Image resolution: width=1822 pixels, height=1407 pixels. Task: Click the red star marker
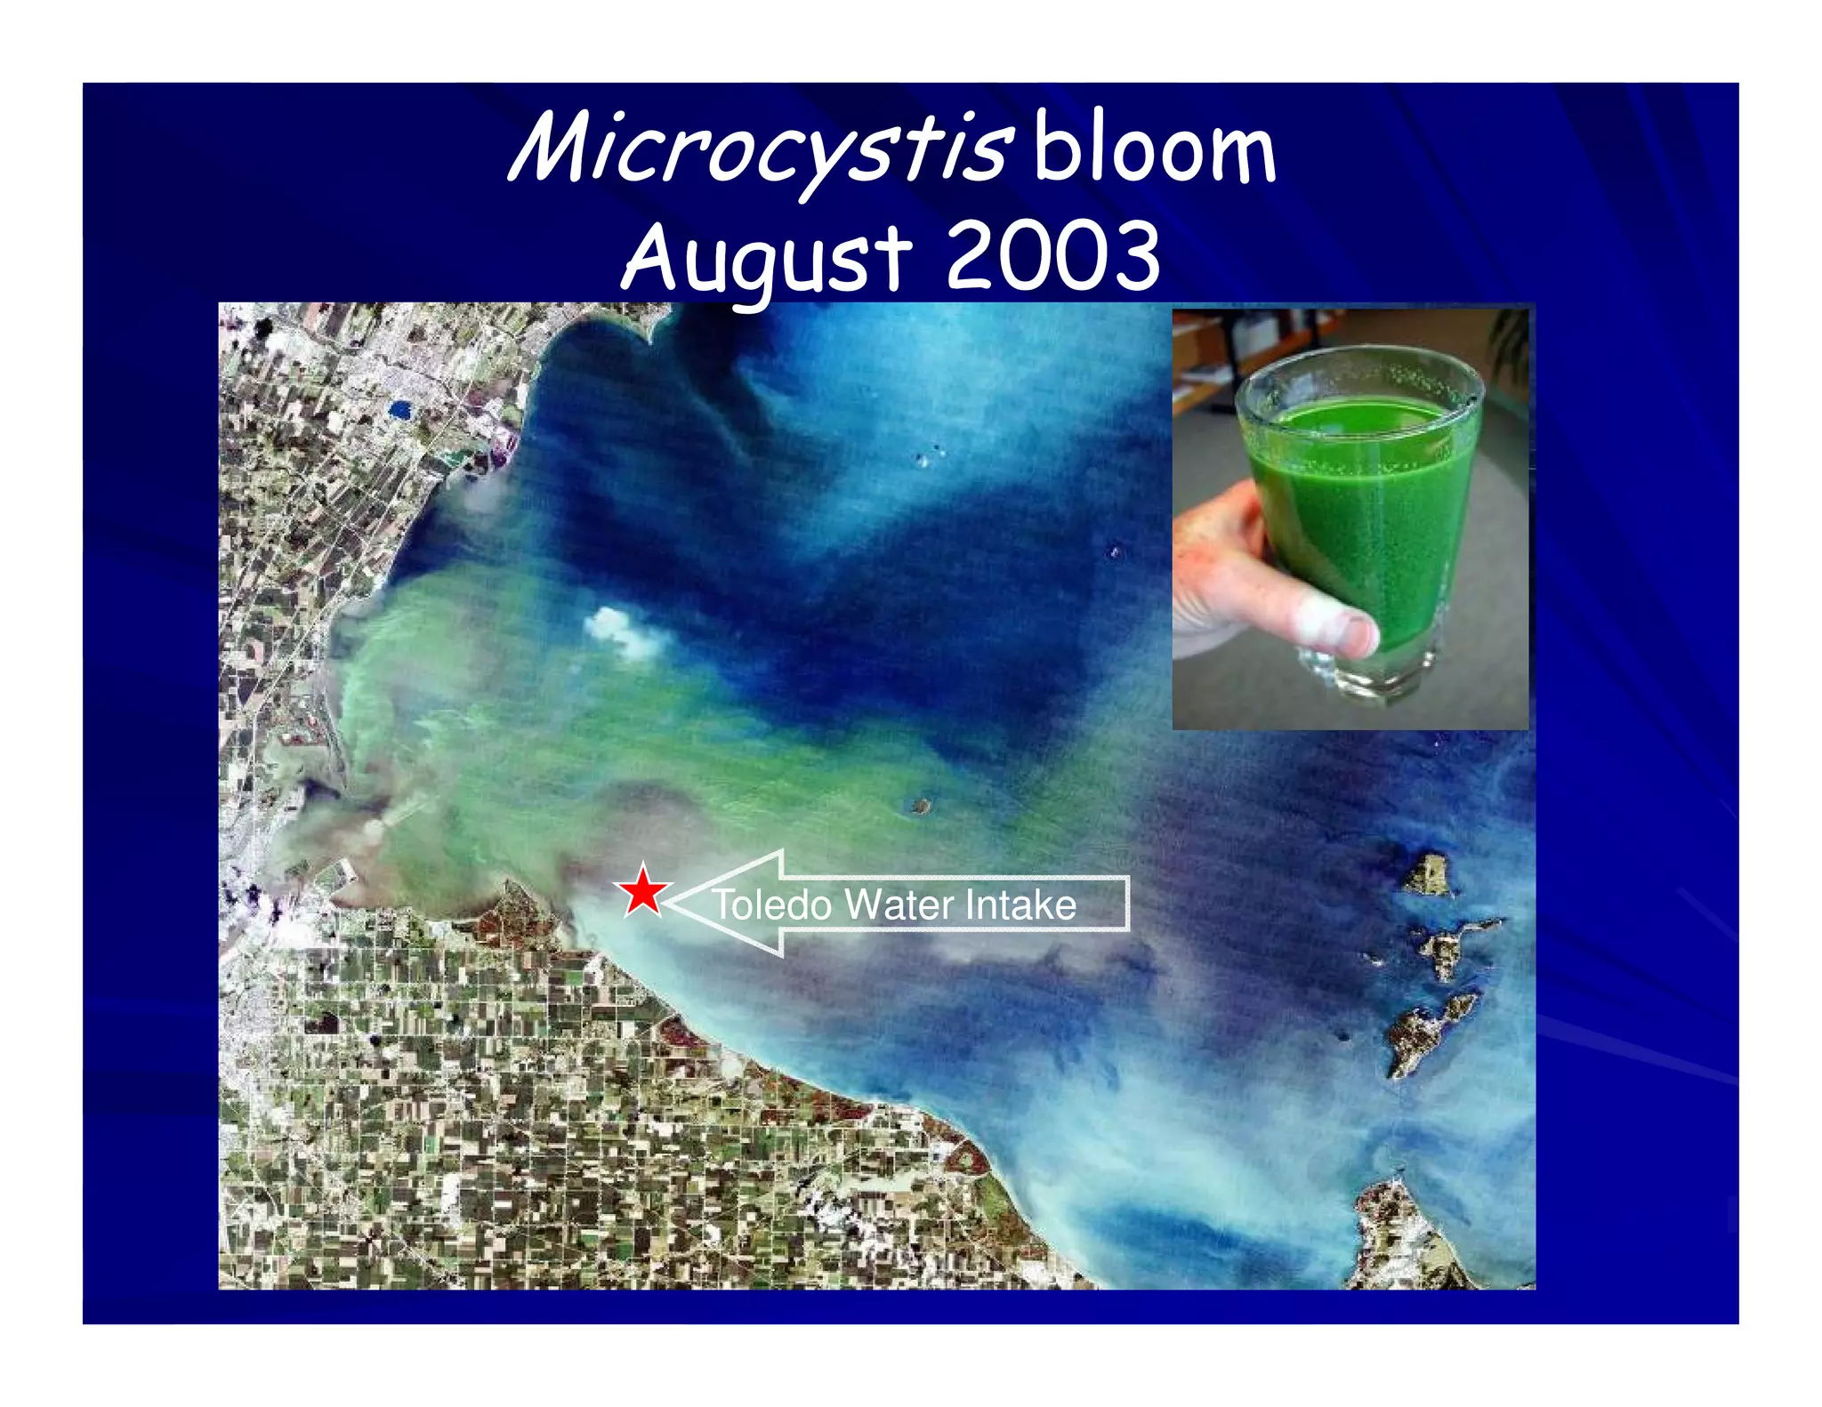(x=642, y=891)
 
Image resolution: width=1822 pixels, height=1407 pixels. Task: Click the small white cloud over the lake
(x=623, y=631)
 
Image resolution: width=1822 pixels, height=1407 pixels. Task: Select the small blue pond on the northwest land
(x=399, y=409)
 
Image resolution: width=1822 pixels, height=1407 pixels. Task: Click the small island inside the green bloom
(x=920, y=807)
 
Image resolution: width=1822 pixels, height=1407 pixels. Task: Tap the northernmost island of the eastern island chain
(x=1429, y=873)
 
